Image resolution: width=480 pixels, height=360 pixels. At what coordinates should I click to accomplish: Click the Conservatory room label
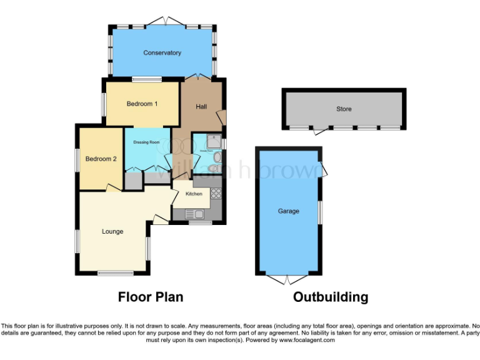click(162, 53)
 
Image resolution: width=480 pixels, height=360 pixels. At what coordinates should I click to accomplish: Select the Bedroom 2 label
click(101, 159)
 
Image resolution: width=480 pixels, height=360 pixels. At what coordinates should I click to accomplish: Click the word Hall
click(201, 107)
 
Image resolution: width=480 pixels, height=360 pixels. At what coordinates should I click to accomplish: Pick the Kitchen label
click(194, 194)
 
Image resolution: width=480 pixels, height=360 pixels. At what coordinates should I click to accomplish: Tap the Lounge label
click(112, 232)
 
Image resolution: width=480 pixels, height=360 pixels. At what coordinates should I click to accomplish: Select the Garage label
click(288, 211)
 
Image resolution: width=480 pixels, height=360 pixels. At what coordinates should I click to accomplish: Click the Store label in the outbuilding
click(344, 109)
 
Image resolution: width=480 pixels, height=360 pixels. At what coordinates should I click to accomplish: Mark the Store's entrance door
click(321, 131)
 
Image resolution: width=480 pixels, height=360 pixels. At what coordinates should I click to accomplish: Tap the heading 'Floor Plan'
click(151, 297)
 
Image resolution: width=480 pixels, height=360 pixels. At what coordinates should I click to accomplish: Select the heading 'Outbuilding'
click(331, 297)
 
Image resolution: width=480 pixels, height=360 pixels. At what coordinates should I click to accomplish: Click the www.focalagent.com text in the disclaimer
click(307, 340)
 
